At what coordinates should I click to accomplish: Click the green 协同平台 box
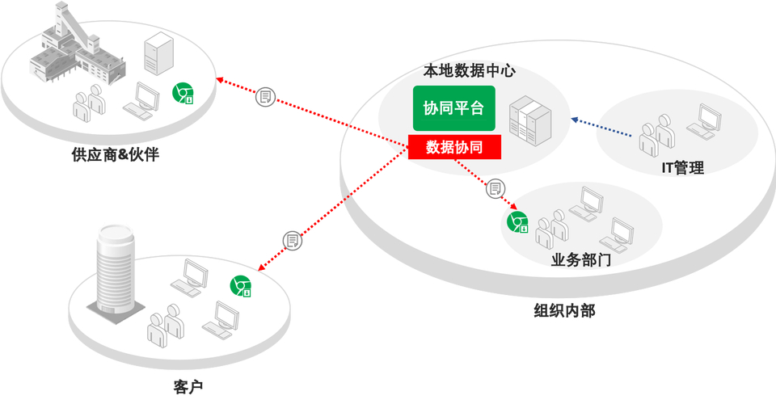pyautogui.click(x=453, y=107)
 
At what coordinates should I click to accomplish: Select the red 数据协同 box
pyautogui.click(x=454, y=147)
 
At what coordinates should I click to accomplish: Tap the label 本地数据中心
pyautogui.click(x=469, y=71)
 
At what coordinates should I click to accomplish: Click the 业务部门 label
pyautogui.click(x=580, y=260)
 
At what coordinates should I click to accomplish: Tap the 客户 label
pyautogui.click(x=188, y=386)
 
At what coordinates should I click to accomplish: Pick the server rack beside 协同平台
pyautogui.click(x=530, y=121)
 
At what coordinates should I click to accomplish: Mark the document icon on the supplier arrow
pyautogui.click(x=265, y=98)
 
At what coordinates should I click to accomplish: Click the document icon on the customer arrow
pyautogui.click(x=292, y=240)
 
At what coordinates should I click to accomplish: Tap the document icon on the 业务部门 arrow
pyautogui.click(x=496, y=189)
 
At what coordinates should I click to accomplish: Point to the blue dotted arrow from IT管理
pyautogui.click(x=602, y=127)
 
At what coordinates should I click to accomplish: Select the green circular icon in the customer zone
pyautogui.click(x=240, y=286)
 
